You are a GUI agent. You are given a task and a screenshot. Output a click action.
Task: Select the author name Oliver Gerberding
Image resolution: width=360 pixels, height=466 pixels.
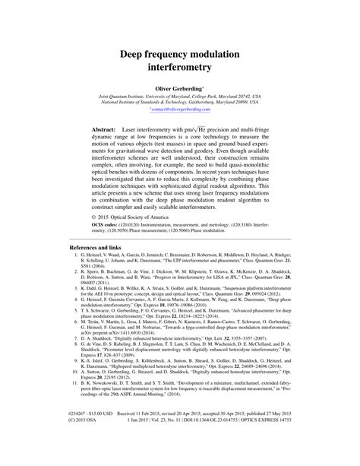(179, 90)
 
